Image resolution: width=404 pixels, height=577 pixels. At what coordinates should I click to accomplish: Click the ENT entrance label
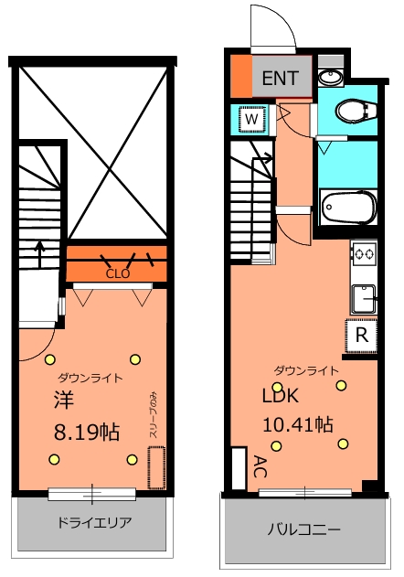pos(280,79)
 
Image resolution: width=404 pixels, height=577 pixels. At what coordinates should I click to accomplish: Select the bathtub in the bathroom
pos(349,208)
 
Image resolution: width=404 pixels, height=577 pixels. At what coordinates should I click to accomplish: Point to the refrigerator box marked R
pos(362,335)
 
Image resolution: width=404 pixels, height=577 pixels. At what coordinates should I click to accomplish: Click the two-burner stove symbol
pos(365,253)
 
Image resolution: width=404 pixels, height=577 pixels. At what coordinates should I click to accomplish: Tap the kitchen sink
pos(366,296)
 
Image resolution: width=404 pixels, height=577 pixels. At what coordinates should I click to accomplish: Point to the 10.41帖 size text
pos(297,424)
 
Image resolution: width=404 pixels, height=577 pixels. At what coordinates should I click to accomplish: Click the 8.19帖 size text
pos(86,433)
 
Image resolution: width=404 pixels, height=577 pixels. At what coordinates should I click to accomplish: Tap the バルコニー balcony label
pos(303,529)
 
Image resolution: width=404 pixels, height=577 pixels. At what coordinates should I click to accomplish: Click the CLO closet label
pos(116,272)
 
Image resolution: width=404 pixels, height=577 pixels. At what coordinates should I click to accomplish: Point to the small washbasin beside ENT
pos(330,78)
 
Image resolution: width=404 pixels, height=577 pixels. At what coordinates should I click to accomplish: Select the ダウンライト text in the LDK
pos(306,370)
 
